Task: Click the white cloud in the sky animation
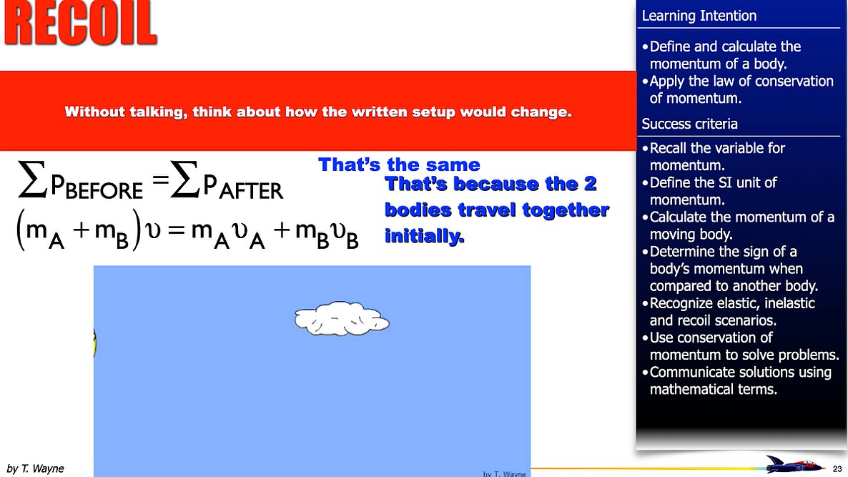342,318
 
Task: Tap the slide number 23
837,469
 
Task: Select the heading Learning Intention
699,16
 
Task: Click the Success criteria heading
689,124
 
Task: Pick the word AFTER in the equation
251,190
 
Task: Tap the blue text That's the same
399,164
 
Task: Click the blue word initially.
424,236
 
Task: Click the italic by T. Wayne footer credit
35,468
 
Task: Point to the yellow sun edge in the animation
95,343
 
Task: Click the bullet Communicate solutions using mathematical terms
740,380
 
